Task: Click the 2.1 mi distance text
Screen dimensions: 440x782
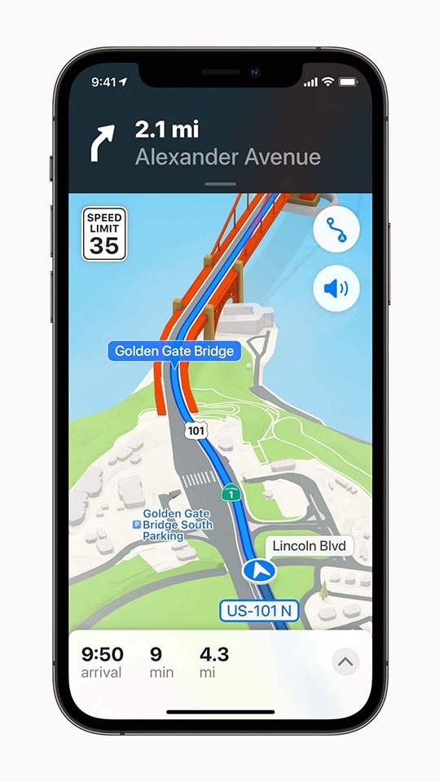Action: (167, 129)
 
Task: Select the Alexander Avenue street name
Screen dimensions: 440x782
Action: (227, 156)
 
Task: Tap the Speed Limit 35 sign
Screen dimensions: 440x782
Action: (104, 234)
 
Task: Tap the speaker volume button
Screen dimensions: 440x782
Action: (336, 288)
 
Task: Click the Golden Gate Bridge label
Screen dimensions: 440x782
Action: (174, 351)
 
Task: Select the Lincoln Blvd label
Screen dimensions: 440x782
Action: (309, 546)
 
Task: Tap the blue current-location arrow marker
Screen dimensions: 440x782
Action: (262, 571)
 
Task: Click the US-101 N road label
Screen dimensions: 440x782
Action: (258, 611)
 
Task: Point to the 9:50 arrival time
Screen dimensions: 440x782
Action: (102, 654)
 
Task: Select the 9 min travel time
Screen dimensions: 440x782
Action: (156, 654)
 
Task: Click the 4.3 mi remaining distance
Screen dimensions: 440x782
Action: (214, 654)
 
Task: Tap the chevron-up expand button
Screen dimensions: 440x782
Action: (345, 662)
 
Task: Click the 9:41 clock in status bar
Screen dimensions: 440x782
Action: (103, 82)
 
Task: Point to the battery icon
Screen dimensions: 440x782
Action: (349, 82)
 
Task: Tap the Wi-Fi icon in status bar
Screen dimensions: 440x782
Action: (328, 82)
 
